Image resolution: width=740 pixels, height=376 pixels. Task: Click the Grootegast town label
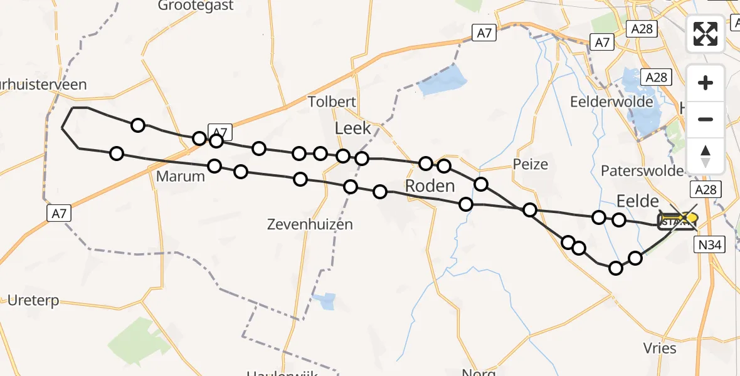point(195,6)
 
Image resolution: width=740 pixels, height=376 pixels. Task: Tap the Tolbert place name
point(332,102)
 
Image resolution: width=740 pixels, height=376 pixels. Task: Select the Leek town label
point(353,129)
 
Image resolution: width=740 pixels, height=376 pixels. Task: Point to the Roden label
point(430,186)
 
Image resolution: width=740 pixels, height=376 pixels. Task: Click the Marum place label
point(180,176)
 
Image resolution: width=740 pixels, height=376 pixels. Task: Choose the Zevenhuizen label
point(310,224)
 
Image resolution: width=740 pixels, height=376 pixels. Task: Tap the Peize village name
point(531,165)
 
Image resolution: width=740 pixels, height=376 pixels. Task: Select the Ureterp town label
point(33,300)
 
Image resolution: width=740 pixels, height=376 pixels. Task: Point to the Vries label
point(660,348)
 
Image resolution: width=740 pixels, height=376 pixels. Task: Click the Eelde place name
point(638,201)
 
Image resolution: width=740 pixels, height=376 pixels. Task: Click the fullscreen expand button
point(706,34)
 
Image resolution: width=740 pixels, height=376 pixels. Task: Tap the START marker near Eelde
point(673,221)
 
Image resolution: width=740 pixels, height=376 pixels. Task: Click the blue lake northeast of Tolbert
point(443,81)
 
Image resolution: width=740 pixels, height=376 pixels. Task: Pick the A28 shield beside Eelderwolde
point(657,77)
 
